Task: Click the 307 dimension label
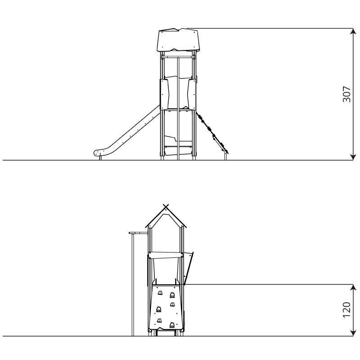[346, 94]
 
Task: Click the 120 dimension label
[346, 310]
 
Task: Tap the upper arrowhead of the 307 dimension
[353, 31]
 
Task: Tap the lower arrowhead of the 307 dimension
[353, 157]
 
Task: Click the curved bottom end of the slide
[99, 153]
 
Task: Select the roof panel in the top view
[179, 40]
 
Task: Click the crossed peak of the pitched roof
[166, 206]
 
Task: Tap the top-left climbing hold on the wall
[160, 293]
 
